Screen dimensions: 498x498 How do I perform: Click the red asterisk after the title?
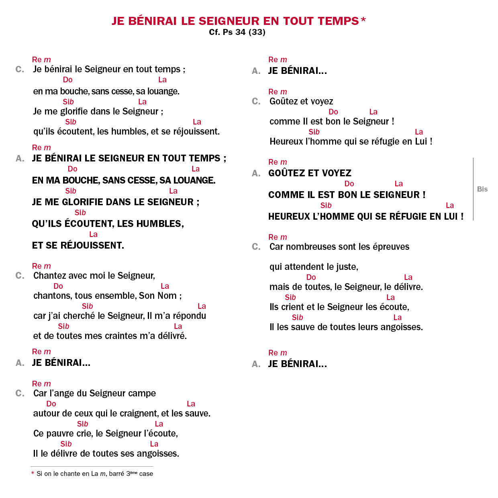363,19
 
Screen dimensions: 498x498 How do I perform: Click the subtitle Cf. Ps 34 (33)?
237,32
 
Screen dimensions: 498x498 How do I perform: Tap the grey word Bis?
482,189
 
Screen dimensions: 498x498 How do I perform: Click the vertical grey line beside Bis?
474,189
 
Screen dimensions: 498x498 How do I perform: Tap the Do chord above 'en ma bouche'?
67,80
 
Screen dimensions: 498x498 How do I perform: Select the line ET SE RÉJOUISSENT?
78,245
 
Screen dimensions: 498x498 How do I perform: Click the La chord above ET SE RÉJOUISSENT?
93,235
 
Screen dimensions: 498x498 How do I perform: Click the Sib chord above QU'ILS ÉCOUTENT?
80,213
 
